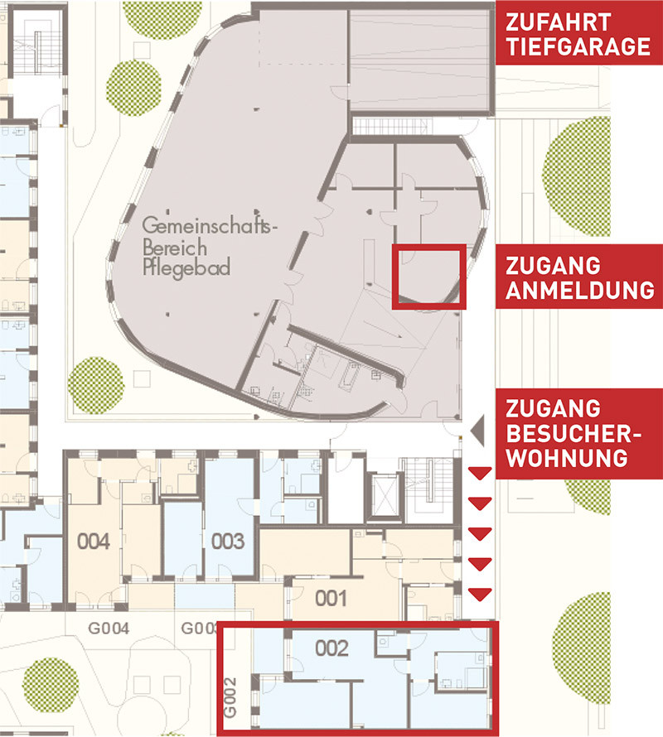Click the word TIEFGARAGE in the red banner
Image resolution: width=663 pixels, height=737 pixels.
click(578, 46)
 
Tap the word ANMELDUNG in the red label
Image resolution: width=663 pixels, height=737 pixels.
click(580, 290)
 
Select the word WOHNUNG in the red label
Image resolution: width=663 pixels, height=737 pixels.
click(567, 458)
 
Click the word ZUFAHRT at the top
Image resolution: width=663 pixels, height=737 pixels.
click(558, 22)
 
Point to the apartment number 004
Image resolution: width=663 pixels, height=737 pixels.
click(94, 542)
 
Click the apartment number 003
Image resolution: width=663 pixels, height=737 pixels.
click(228, 542)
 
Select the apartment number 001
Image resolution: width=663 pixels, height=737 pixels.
click(331, 599)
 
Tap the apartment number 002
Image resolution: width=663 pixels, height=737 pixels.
click(331, 648)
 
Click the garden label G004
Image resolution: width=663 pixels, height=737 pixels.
click(109, 628)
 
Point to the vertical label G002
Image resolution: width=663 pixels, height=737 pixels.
click(230, 697)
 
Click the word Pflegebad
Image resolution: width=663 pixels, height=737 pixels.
click(186, 268)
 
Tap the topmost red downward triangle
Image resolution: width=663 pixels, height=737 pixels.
click(480, 474)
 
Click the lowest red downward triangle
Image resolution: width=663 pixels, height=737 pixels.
click(480, 595)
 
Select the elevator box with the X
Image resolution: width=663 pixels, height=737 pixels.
click(384, 495)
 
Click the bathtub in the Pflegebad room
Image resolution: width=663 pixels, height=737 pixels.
click(350, 377)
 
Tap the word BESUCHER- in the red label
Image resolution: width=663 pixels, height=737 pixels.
click(573, 433)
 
